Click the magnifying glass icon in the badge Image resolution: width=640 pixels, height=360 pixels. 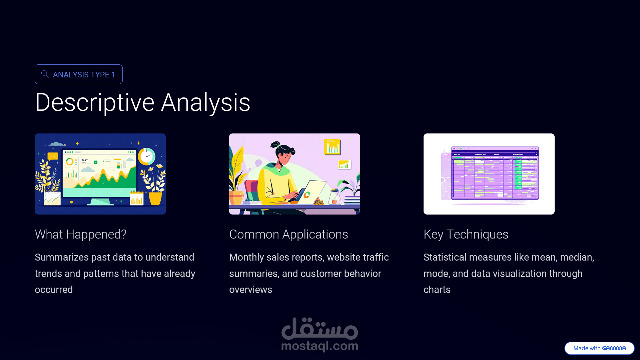tap(45, 74)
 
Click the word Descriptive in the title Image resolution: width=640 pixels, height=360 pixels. tap(95, 103)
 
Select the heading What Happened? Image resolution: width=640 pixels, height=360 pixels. tap(81, 235)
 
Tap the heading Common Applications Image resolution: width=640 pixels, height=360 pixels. tap(288, 235)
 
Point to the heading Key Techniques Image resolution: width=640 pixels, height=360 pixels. tap(466, 235)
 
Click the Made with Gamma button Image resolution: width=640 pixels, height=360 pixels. tap(599, 348)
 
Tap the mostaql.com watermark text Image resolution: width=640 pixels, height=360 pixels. tap(319, 346)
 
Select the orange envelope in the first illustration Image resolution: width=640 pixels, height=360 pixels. tap(53, 156)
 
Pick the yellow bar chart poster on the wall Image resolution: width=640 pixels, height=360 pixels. tap(332, 147)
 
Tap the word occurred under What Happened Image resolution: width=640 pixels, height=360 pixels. tap(54, 290)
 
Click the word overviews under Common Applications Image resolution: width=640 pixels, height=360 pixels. tap(251, 290)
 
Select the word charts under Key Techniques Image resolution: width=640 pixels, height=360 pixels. tap(437, 290)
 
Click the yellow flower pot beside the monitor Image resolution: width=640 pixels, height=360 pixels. tap(155, 198)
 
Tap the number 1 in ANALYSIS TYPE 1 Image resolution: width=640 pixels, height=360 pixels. tap(113, 74)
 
